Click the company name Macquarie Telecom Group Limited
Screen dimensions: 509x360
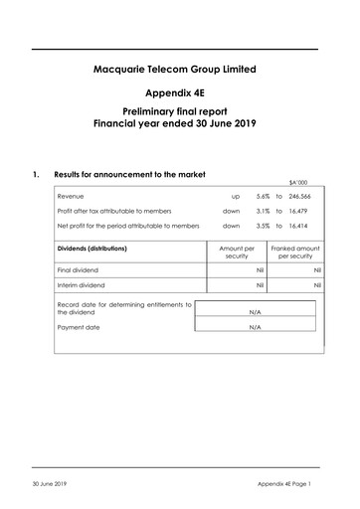tap(180, 69)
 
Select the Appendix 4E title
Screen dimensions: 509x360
tap(180, 92)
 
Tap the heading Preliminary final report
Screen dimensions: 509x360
tap(180, 114)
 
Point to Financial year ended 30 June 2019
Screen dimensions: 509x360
tap(180, 126)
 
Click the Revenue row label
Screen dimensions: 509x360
tap(71, 197)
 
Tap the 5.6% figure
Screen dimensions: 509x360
tap(263, 197)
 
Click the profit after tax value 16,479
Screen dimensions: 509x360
tap(310, 212)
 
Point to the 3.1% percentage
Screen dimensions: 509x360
tap(263, 212)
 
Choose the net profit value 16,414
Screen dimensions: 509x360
tap(310, 227)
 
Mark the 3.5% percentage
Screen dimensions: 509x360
tap(263, 227)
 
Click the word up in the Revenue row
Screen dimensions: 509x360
tap(235, 197)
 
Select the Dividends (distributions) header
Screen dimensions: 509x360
tap(97, 247)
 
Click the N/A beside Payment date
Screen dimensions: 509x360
tap(255, 326)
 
